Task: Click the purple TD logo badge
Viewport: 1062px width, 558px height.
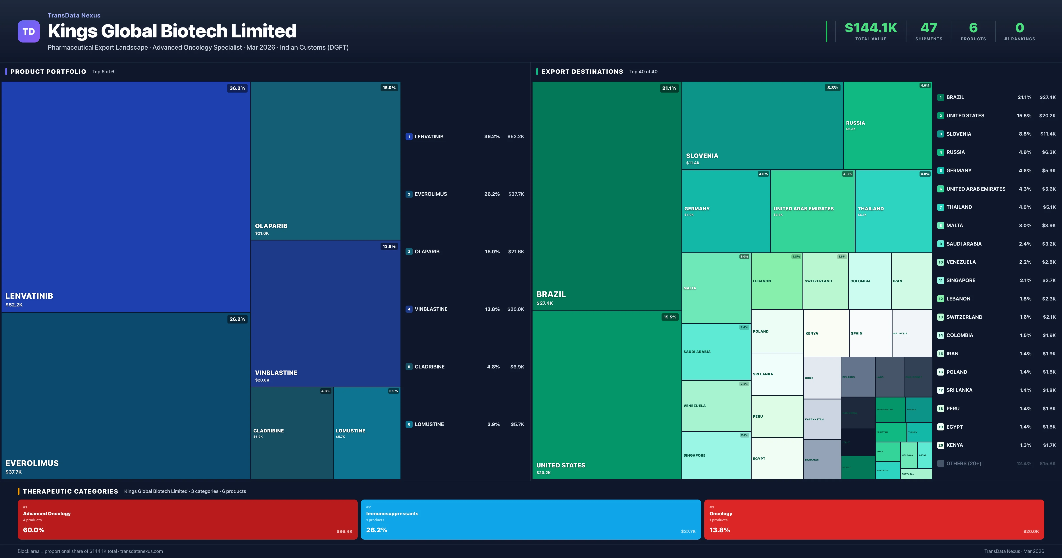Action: pyautogui.click(x=29, y=31)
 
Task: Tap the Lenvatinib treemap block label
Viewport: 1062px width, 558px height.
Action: pyautogui.click(x=29, y=296)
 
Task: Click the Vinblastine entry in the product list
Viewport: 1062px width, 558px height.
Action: pyautogui.click(x=431, y=309)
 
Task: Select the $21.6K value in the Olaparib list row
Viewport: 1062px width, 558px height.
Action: pyautogui.click(x=516, y=252)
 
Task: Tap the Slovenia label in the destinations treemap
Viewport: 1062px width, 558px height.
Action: pyautogui.click(x=702, y=156)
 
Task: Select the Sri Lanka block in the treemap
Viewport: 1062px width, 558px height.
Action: pyautogui.click(x=777, y=374)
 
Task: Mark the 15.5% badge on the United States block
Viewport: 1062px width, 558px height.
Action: pyautogui.click(x=670, y=317)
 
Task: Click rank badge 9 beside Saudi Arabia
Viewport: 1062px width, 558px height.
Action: pyautogui.click(x=940, y=244)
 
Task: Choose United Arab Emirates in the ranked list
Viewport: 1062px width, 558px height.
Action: pyautogui.click(x=975, y=189)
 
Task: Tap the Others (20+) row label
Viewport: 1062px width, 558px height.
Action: pyautogui.click(x=964, y=463)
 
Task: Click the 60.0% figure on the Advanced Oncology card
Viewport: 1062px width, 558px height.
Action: pyautogui.click(x=34, y=530)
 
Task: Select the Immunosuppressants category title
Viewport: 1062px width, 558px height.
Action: pyautogui.click(x=392, y=513)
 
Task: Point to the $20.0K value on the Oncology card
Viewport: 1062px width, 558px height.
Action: pyautogui.click(x=1031, y=532)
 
